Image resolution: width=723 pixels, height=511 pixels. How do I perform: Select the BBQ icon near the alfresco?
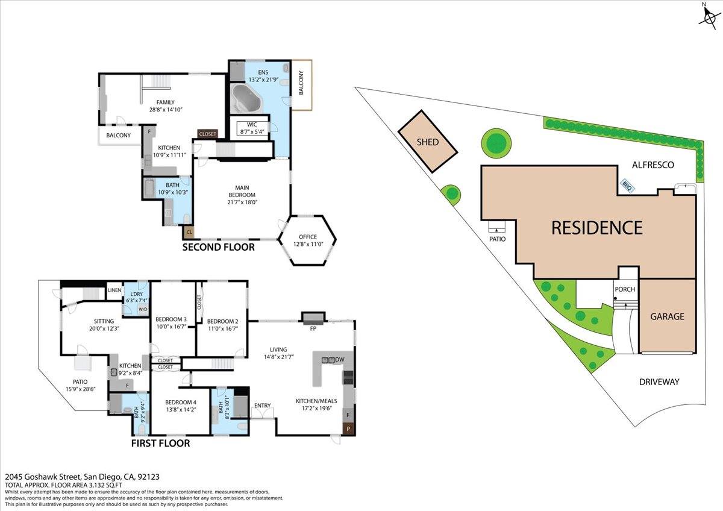626,187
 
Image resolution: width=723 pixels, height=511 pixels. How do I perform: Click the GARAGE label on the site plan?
667,316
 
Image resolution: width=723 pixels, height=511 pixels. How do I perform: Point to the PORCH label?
625,289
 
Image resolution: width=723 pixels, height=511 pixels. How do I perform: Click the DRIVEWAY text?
659,381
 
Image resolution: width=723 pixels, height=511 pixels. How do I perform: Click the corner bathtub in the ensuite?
247,99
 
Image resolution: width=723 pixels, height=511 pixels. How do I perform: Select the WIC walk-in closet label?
252,125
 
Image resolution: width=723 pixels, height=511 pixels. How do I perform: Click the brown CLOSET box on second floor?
207,134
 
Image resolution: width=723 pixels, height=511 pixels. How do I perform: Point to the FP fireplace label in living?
313,329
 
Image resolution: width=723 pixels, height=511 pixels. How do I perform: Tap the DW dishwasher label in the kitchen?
340,360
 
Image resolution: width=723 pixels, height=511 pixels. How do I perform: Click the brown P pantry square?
348,428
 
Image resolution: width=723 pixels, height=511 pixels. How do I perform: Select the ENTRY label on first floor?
263,406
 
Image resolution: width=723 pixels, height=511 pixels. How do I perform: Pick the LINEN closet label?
114,290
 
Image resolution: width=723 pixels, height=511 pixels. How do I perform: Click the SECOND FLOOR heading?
218,247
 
